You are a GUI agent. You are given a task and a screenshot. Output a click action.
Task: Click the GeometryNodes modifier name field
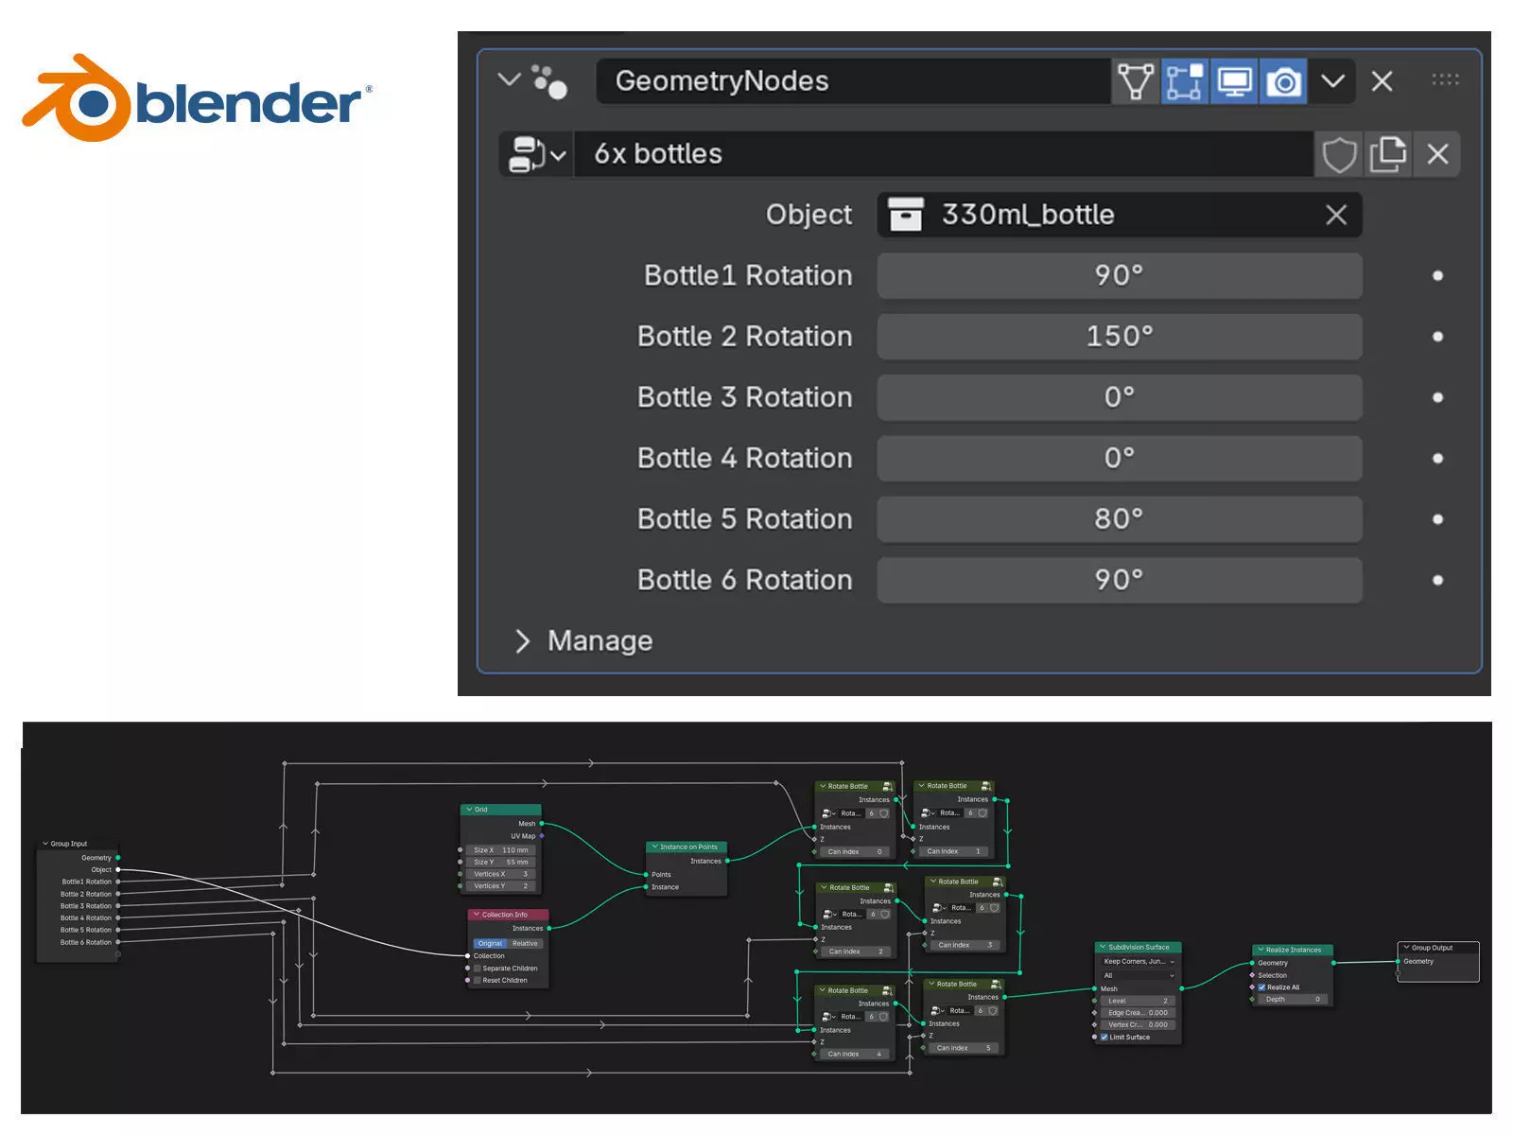click(x=851, y=81)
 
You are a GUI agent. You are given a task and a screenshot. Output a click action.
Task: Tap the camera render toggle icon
click(x=1283, y=81)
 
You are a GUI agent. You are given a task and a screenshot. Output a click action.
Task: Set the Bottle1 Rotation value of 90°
click(x=1119, y=275)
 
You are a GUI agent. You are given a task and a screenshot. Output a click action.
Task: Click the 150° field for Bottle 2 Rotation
click(x=1119, y=337)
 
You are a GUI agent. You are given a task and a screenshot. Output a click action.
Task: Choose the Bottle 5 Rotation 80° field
click(x=1119, y=519)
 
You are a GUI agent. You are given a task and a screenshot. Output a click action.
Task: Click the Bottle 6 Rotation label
click(x=744, y=580)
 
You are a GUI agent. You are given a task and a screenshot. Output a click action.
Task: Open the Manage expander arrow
click(x=522, y=641)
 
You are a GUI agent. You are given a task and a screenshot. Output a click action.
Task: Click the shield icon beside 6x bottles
click(x=1338, y=154)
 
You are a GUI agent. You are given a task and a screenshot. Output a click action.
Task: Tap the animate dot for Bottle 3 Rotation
click(x=1437, y=397)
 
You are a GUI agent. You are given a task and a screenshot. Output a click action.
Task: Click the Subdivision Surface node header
click(x=1139, y=947)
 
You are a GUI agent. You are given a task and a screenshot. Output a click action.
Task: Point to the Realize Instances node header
click(x=1293, y=950)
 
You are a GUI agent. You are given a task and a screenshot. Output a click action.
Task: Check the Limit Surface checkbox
click(x=1104, y=1037)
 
